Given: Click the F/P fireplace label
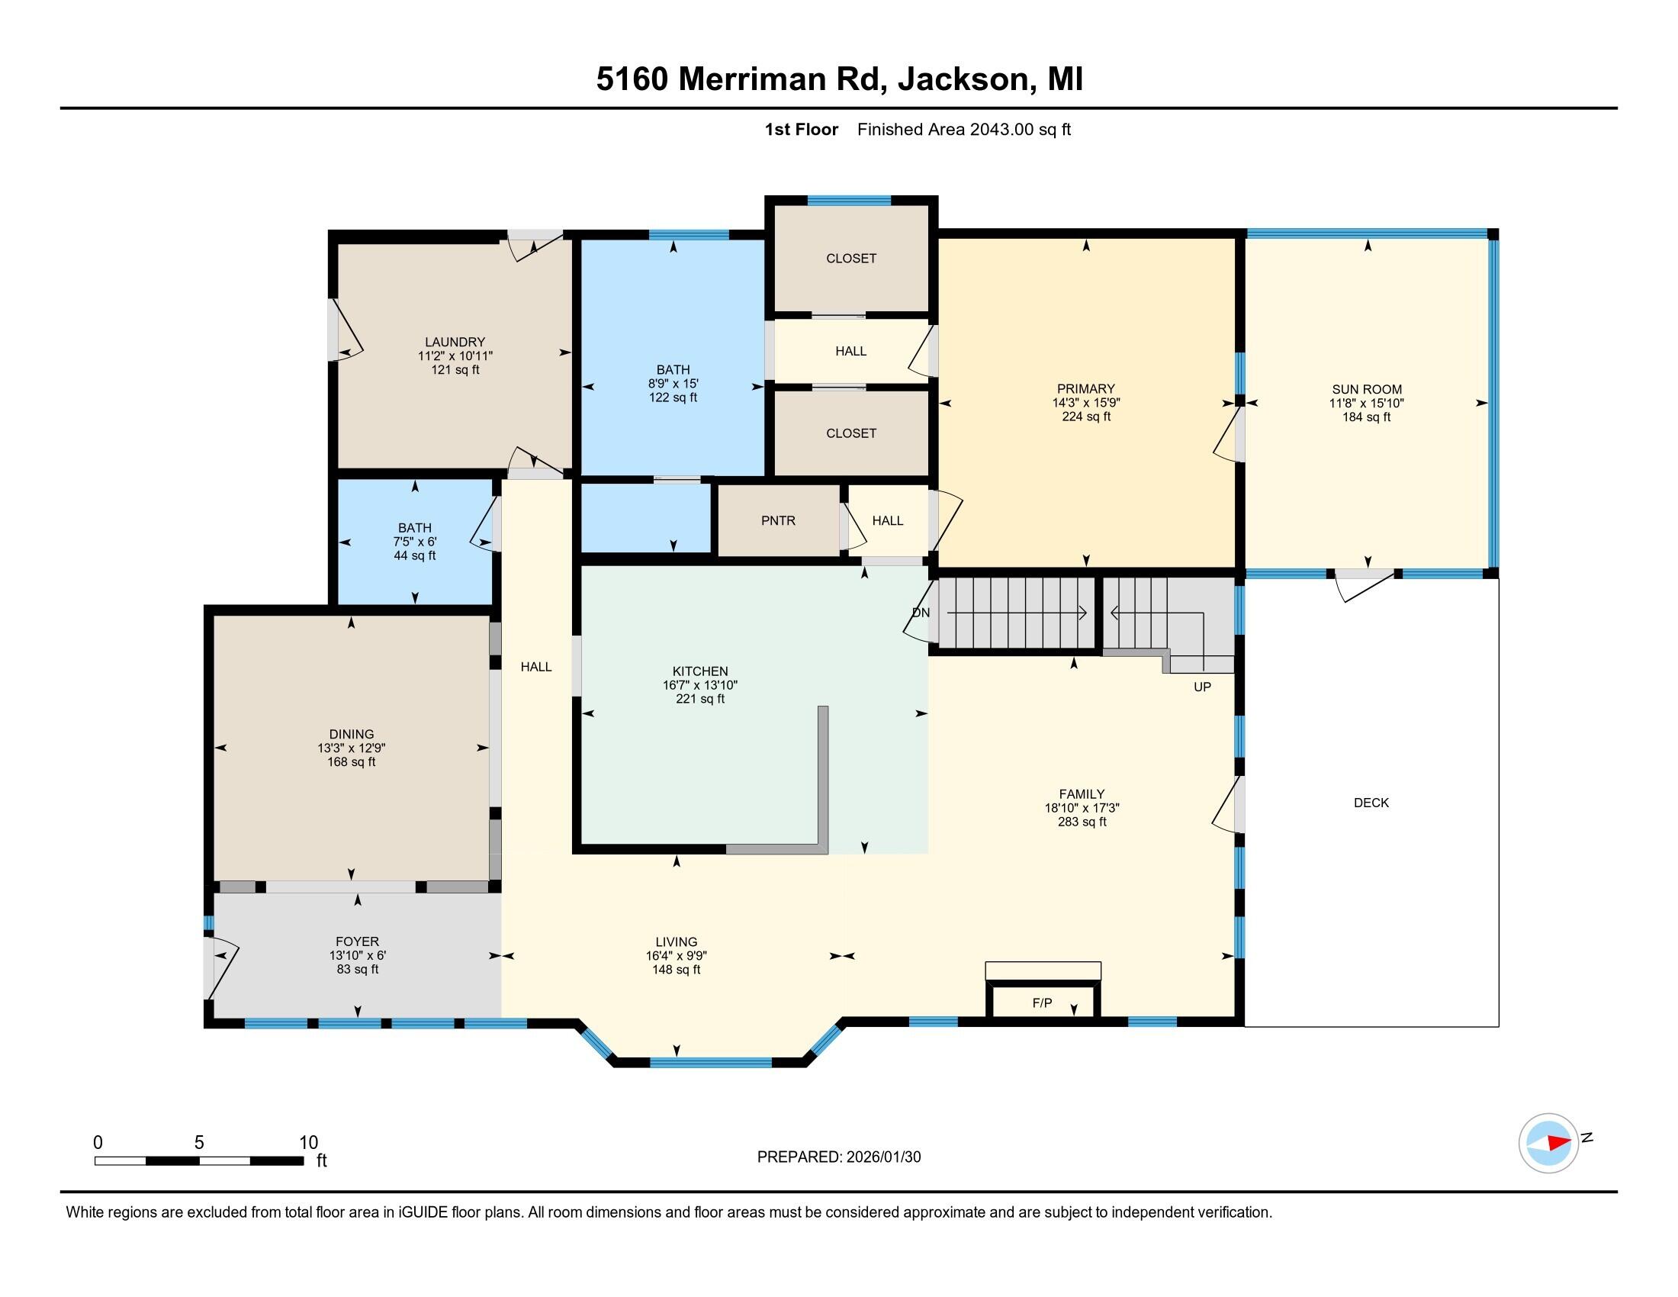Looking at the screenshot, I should (x=1042, y=1003).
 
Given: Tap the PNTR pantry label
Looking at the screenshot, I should (x=778, y=520).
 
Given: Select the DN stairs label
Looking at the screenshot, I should (x=921, y=613).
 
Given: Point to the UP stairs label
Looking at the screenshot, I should (x=1202, y=686).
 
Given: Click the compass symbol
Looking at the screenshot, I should (x=1548, y=1143).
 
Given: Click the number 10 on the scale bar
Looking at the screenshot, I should (x=308, y=1142).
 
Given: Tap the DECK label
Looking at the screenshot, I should (x=1371, y=802).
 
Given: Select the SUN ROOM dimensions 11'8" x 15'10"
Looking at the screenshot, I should (x=1366, y=403).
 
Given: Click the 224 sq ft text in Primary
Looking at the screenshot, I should (x=1085, y=417).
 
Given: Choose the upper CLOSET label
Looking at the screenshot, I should (x=850, y=258).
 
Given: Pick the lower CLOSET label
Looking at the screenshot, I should (x=850, y=433).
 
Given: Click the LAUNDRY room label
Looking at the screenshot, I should (x=455, y=342).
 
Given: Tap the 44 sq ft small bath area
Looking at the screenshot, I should (x=414, y=555).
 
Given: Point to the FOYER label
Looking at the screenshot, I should (x=357, y=941).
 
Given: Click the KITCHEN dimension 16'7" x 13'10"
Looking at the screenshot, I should (x=700, y=684).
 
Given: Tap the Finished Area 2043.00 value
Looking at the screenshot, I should (x=1001, y=129).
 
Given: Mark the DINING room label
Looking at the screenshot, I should (x=351, y=734).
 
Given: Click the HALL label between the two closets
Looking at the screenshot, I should (x=850, y=351).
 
